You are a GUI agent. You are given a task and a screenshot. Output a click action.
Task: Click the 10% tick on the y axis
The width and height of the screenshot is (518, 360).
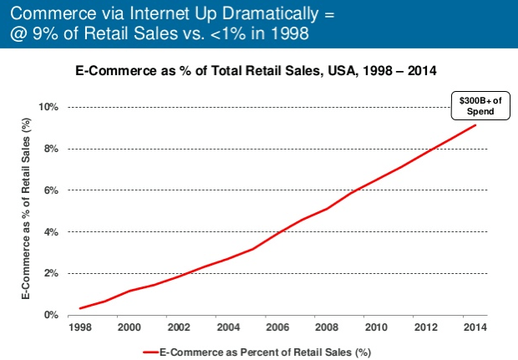click(x=51, y=108)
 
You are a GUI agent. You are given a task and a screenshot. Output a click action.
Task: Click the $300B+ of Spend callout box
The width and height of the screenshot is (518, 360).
click(x=473, y=105)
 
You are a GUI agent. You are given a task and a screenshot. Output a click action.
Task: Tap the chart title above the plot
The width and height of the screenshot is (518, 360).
click(x=254, y=72)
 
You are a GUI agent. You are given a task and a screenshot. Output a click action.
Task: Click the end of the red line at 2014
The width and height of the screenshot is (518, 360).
click(x=475, y=125)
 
